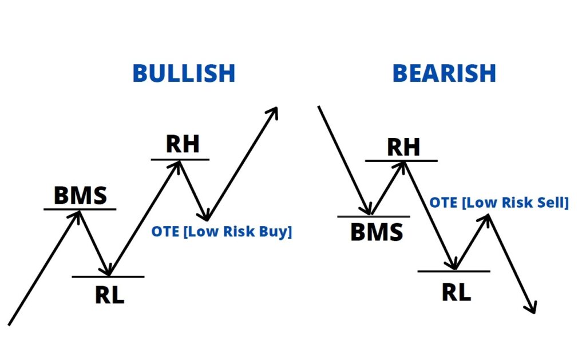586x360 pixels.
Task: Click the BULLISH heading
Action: pos(184,73)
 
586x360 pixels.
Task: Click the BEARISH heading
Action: pos(444,73)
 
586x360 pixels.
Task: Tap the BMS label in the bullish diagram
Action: pos(80,195)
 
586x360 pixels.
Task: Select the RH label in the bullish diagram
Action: pos(183,144)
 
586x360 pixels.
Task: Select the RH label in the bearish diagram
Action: pos(403,147)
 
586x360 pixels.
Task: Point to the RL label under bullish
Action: pos(109,295)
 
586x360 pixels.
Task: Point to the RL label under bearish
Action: pos(456,292)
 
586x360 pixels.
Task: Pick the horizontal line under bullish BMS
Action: pos(80,209)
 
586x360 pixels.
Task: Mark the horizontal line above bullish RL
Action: pos(108,276)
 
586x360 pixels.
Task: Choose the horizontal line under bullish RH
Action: pos(180,160)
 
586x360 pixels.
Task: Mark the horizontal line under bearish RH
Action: pos(401,161)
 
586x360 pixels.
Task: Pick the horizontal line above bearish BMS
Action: pos(374,216)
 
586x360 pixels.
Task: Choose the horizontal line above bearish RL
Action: pos(454,271)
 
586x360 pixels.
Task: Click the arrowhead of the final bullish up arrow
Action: pos(274,112)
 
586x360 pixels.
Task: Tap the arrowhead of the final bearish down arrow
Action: pos(532,308)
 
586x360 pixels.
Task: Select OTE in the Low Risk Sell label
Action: pos(444,203)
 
